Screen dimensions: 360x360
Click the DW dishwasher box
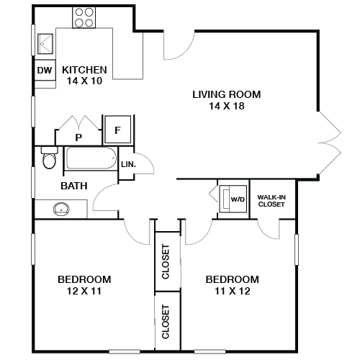(43, 71)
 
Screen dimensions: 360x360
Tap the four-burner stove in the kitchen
(84, 17)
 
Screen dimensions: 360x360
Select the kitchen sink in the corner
(46, 43)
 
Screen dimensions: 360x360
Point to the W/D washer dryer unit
(234, 197)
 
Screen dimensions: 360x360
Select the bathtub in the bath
(91, 159)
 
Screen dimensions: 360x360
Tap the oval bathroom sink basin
(61, 210)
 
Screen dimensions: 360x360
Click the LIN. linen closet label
(128, 164)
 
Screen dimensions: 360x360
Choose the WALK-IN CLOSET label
(271, 200)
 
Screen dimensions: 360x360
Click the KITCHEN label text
(84, 70)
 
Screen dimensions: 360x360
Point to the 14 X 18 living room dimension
(226, 107)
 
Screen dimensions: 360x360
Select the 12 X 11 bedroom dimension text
(84, 292)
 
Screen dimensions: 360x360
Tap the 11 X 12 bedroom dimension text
(232, 292)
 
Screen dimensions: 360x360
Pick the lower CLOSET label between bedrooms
(166, 321)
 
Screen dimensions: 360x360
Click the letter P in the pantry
(78, 136)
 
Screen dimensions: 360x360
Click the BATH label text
(74, 186)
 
